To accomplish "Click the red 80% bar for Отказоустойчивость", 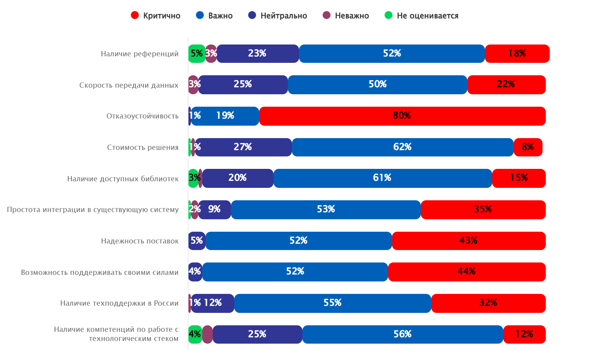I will coord(402,116).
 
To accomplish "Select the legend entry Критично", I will coord(155,16).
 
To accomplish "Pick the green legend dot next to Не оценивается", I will coord(388,15).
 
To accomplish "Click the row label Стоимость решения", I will coord(143,147).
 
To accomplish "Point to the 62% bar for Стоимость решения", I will coord(402,147).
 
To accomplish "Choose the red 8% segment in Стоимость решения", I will coord(528,147).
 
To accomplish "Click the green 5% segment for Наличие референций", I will coord(197,53).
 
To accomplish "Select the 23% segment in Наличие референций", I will coord(258,53).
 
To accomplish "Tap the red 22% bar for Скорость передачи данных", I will coord(506,84).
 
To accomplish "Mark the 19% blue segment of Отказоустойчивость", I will coord(225,116).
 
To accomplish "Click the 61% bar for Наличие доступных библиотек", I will coord(383,178).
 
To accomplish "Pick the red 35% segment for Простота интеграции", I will coord(483,209).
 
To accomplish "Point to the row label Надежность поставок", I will coord(140,241).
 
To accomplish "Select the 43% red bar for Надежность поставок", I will coord(469,241).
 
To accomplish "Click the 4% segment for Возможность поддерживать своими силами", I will coord(195,272).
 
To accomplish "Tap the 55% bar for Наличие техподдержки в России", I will coord(332,303).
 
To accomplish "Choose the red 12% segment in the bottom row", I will coord(524,334).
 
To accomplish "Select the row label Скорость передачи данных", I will coord(129,85).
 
